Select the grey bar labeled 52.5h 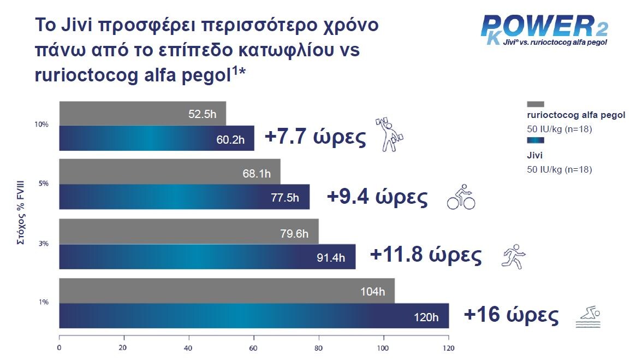tap(142, 113)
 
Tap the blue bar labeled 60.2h tap(156, 138)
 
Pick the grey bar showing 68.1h tap(169, 172)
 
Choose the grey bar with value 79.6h tap(188, 232)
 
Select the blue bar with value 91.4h tap(207, 257)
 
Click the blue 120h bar tap(253, 316)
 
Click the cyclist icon tap(461, 197)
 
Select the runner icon tap(513, 256)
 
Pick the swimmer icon tap(588, 318)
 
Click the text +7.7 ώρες tap(315, 137)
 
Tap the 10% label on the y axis tap(41, 125)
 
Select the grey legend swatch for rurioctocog tap(536, 104)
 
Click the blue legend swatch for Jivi tap(536, 141)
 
